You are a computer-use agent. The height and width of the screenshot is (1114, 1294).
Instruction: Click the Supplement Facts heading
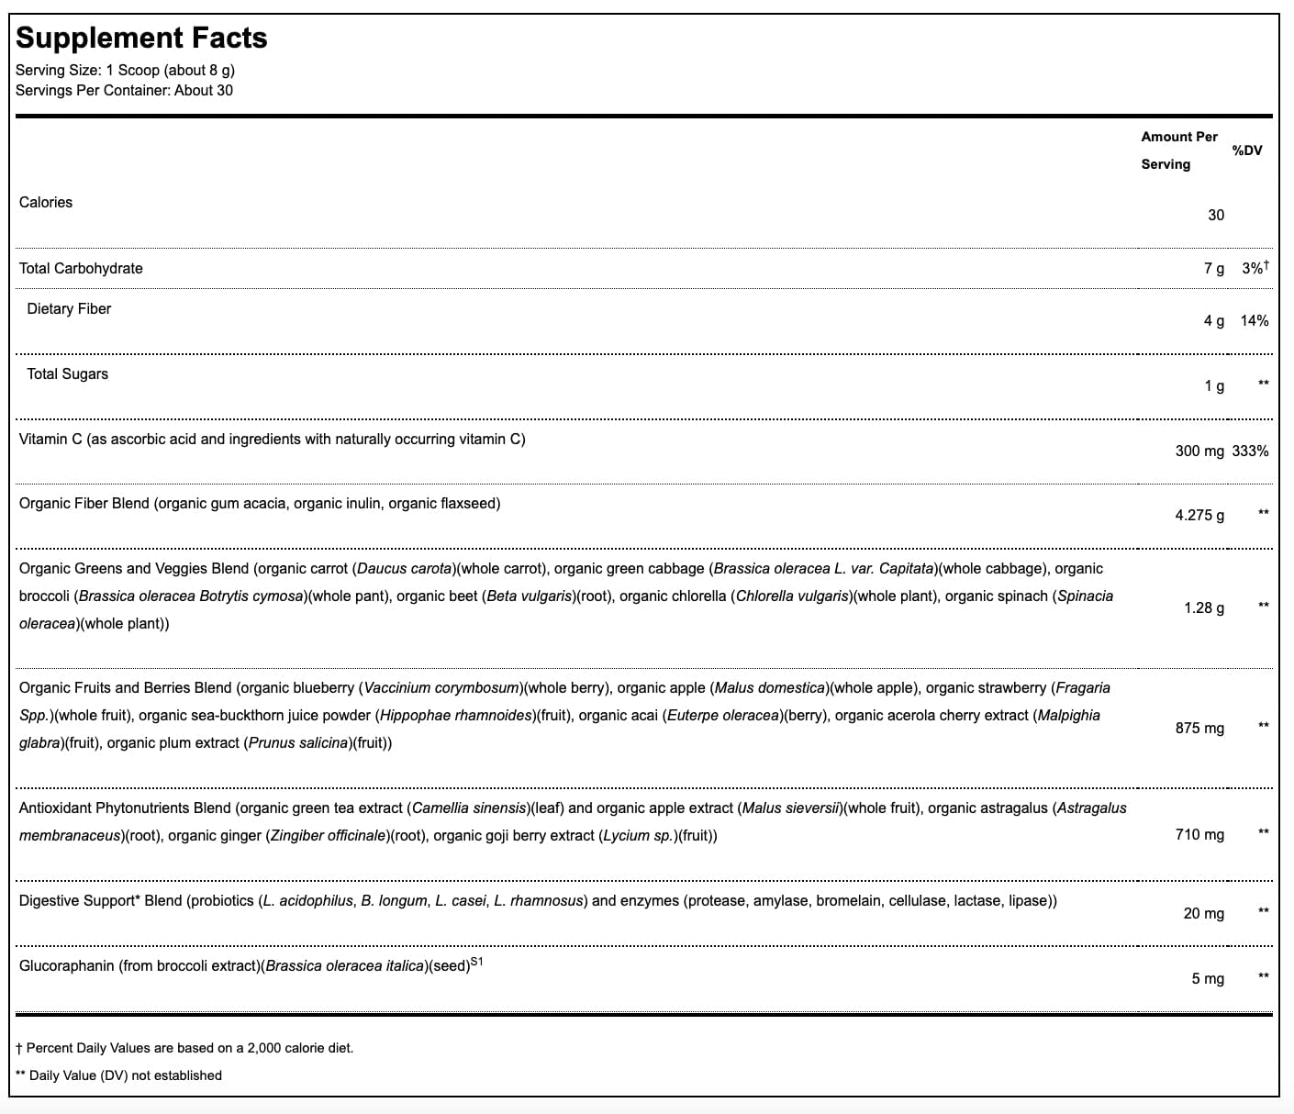(x=141, y=38)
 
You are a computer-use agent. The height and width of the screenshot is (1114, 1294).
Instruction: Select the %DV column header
(x=1247, y=150)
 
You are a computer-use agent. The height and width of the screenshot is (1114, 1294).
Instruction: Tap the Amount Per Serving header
(x=1178, y=150)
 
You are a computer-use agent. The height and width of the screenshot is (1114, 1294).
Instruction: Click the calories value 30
(x=1215, y=215)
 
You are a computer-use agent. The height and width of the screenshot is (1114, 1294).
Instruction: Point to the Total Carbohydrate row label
(x=81, y=268)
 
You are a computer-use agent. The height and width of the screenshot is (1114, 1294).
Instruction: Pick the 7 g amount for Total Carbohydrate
(x=1213, y=268)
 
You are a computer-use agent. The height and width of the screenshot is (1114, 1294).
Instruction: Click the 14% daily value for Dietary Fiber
(x=1254, y=320)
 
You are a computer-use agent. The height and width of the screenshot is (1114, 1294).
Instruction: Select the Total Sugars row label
(x=67, y=373)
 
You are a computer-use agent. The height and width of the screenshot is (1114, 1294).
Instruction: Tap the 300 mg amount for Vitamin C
(x=1199, y=451)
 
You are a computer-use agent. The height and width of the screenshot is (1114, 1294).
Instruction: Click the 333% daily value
(x=1251, y=451)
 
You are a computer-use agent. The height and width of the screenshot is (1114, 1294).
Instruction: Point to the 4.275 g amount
(x=1199, y=515)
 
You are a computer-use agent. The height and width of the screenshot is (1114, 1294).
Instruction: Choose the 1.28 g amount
(x=1203, y=607)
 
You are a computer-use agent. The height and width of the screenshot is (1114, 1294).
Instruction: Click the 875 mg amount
(x=1199, y=728)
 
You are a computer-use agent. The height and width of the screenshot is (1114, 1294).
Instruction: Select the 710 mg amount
(x=1199, y=834)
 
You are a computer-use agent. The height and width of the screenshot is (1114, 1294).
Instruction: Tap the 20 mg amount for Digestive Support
(x=1203, y=913)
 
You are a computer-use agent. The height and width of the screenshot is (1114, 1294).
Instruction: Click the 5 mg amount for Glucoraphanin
(x=1207, y=978)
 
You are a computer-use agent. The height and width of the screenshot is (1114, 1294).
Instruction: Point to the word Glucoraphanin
(x=66, y=965)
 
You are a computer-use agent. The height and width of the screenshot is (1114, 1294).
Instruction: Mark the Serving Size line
(x=125, y=70)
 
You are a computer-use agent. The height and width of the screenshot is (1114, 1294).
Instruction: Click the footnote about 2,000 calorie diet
(x=184, y=1047)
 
